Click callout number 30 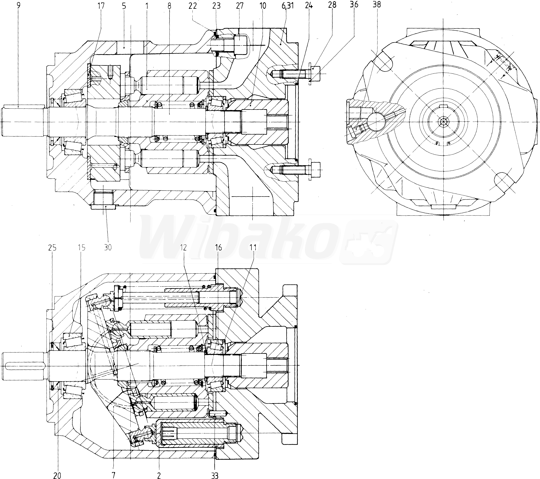point(108,248)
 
